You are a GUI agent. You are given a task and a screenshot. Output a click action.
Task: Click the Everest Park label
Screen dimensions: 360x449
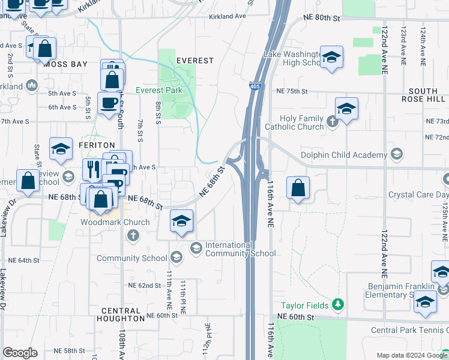[158, 90]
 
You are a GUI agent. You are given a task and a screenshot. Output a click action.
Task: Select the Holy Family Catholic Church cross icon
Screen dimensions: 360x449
[333, 122]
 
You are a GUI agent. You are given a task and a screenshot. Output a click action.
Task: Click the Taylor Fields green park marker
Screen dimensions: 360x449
[338, 305]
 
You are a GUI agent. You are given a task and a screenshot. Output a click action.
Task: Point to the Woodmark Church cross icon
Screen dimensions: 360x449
[133, 235]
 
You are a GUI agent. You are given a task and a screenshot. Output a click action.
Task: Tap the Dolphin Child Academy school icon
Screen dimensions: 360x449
[396, 155]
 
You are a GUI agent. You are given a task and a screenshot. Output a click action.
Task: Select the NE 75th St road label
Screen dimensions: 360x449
[292, 91]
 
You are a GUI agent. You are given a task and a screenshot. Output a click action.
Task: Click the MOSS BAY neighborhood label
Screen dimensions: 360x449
[65, 64]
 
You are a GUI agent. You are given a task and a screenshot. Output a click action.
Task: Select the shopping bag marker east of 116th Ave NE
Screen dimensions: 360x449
[298, 188]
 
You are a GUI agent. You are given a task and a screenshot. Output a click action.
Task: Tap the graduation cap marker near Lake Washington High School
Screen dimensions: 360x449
[331, 57]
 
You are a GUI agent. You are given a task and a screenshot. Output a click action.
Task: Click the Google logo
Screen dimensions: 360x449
[20, 353]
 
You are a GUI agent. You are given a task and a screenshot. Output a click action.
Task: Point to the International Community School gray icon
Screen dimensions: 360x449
[196, 248]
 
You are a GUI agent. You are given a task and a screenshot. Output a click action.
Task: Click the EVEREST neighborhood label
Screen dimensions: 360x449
[195, 61]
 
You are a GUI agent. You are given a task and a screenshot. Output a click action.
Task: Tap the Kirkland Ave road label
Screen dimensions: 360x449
[228, 17]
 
